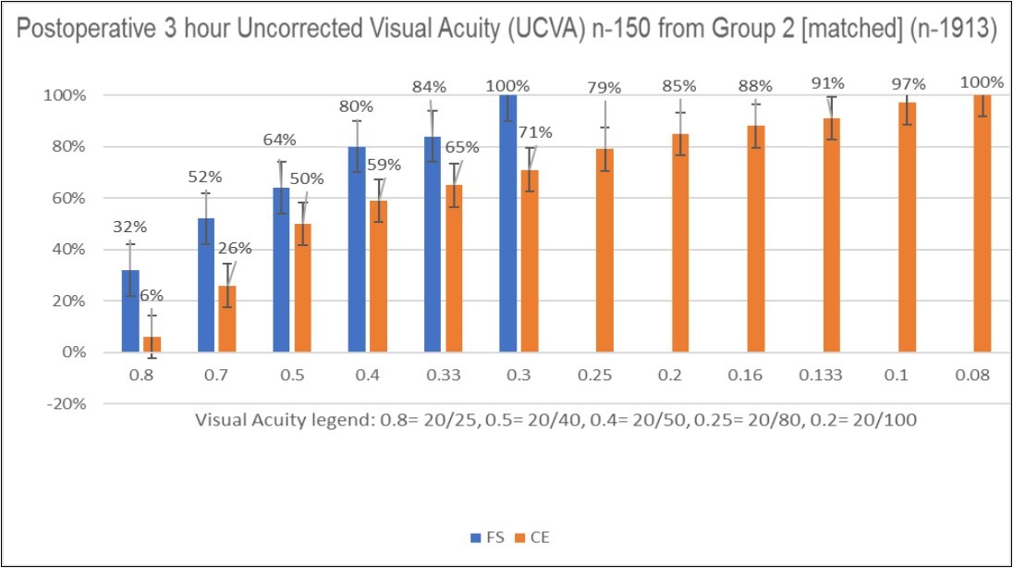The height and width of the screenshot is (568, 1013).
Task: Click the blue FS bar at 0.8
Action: click(x=131, y=311)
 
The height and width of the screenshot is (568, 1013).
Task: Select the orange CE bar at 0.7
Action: click(x=226, y=319)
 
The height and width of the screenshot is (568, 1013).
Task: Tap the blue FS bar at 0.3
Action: click(x=508, y=223)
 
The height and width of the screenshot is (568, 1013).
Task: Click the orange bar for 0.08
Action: click(x=982, y=223)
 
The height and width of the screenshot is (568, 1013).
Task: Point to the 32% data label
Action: click(x=130, y=225)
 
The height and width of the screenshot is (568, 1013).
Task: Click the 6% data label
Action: click(x=152, y=295)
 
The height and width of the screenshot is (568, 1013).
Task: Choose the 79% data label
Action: click(x=604, y=88)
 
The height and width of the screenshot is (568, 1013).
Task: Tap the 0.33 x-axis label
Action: click(x=442, y=378)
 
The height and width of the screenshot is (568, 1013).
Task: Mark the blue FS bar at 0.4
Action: click(x=357, y=250)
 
